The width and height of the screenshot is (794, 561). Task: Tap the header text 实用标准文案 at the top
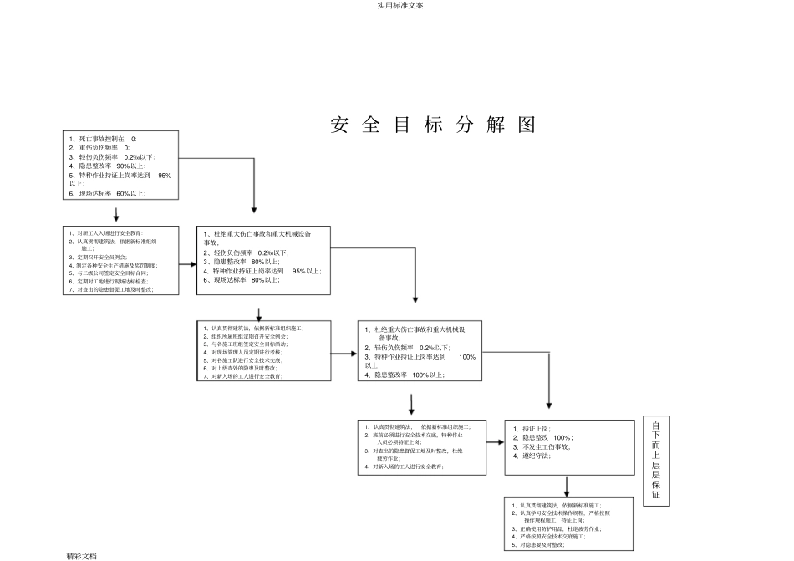[397, 5]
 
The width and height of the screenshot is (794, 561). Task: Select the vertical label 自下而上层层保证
[656, 461]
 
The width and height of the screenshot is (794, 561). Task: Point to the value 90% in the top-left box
[124, 166]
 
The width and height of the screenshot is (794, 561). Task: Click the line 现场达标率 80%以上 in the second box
[245, 280]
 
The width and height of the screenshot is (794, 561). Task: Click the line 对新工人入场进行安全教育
[109, 232]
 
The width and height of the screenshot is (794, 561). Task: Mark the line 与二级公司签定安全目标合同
[112, 273]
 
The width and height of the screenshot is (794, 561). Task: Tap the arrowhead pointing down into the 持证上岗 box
[548, 405]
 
